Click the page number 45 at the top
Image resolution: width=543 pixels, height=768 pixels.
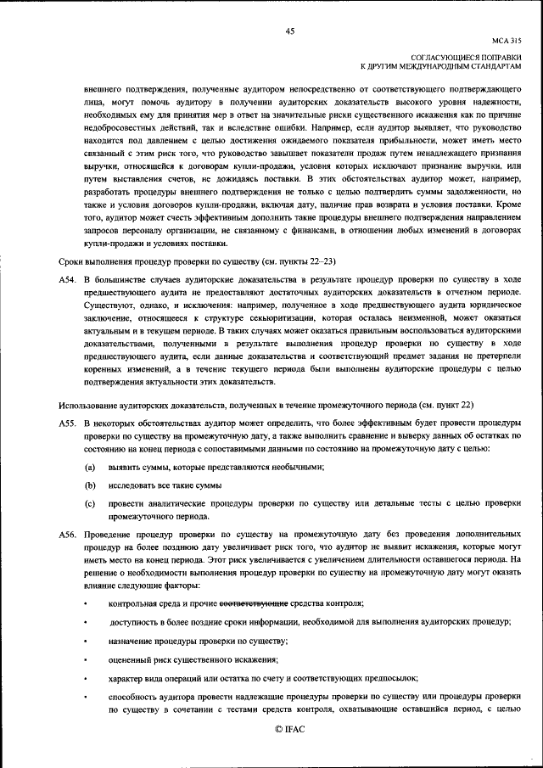[289, 31]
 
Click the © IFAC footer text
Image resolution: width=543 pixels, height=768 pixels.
[289, 730]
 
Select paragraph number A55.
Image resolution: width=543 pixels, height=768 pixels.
[69, 423]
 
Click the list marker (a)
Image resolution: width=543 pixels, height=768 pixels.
[89, 468]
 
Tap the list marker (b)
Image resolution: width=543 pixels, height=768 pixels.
[89, 486]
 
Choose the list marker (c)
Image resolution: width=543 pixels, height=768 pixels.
[89, 504]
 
